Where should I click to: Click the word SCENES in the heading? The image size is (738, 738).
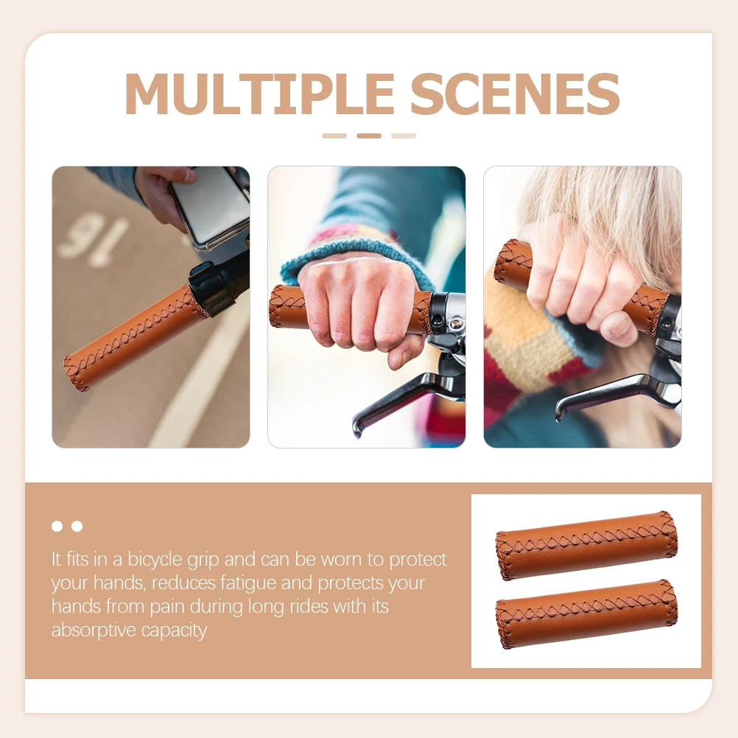point(515,94)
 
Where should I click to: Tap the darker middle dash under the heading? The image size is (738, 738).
point(369,136)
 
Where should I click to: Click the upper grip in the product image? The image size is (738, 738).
point(586,545)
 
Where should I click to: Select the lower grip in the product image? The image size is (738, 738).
point(586,614)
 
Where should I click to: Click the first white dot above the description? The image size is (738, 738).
point(57,526)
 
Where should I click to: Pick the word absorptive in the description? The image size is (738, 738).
point(91,630)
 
